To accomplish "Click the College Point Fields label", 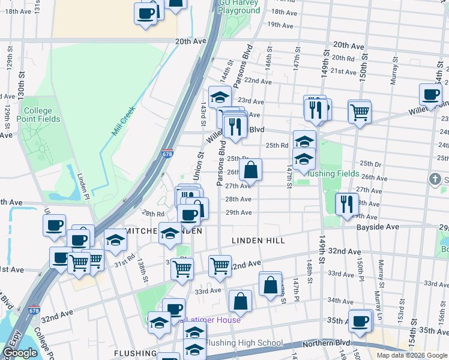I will [41, 115].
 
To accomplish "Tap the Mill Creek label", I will [124, 120].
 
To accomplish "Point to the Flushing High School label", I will [244, 343].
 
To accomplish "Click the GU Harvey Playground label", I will [239, 7].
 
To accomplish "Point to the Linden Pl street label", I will [83, 186].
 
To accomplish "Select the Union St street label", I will [199, 163].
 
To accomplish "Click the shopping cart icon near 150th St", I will [359, 110].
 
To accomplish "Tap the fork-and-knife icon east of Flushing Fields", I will [346, 202].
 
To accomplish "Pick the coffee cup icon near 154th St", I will [430, 94].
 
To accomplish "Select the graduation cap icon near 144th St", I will [220, 96].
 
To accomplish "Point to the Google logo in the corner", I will [20, 353].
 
